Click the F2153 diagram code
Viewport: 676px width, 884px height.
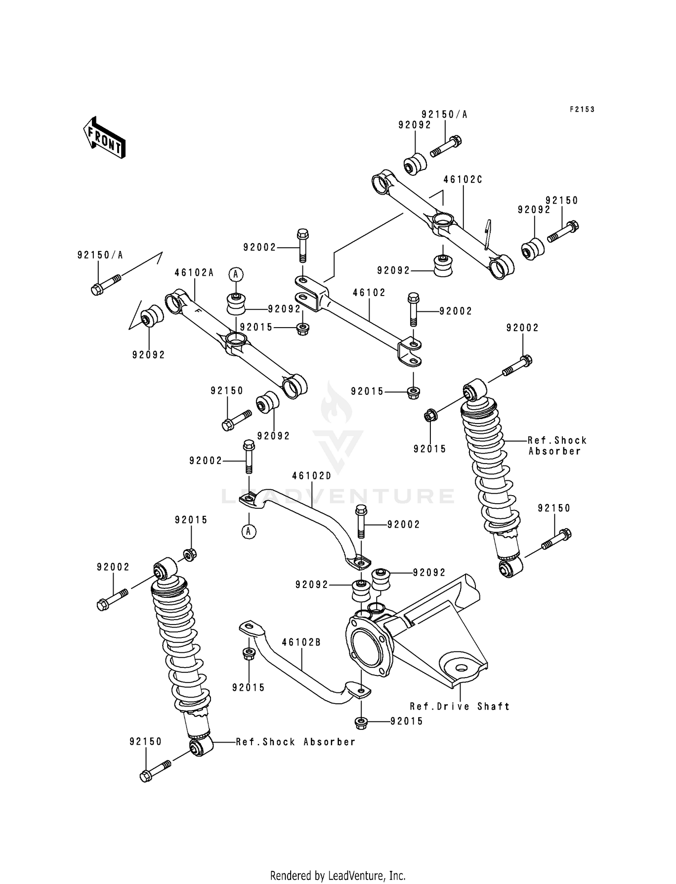(582, 109)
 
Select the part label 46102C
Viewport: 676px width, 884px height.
(462, 179)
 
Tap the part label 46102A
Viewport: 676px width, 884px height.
(194, 273)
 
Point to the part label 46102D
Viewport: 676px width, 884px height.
(311, 476)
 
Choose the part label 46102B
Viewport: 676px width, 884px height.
(301, 642)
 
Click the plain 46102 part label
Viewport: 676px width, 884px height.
(369, 292)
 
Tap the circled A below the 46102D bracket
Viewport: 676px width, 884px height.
(248, 532)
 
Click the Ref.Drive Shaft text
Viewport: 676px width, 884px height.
(460, 706)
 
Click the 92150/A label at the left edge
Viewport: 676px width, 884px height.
(100, 255)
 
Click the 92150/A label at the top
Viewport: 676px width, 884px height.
(444, 114)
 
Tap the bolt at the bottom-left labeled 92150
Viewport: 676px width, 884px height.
(155, 771)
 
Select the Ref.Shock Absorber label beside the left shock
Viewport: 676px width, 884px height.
(296, 742)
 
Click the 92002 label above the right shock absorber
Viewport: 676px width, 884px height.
(522, 328)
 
